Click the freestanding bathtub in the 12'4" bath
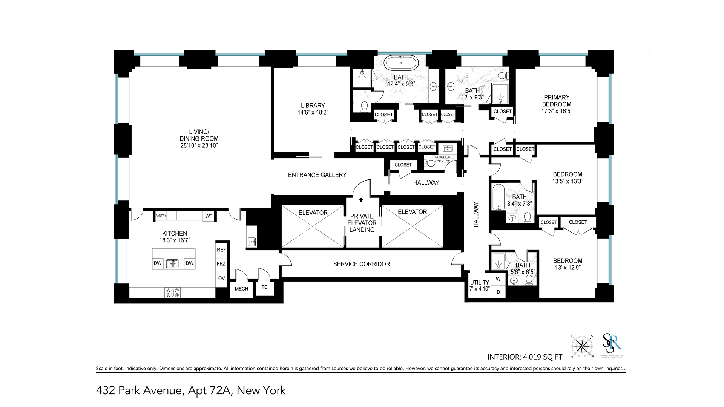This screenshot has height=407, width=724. tap(401, 63)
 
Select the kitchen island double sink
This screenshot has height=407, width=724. tap(173, 263)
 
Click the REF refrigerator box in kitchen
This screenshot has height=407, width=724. tap(221, 250)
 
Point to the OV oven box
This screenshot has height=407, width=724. tap(221, 278)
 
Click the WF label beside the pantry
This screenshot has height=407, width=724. tap(209, 216)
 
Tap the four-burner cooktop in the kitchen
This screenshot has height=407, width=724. tap(173, 293)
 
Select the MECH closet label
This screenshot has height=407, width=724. tap(241, 289)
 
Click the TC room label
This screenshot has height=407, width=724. tap(265, 287)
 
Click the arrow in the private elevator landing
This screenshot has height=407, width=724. tap(361, 200)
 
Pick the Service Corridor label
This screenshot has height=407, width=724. tap(361, 264)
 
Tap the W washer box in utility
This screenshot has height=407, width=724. tap(498, 279)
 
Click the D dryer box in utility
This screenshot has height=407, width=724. tap(498, 292)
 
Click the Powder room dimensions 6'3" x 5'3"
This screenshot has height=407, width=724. tap(443, 161)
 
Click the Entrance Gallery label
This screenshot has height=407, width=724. tap(317, 175)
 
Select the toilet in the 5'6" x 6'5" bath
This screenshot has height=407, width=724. tap(529, 280)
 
